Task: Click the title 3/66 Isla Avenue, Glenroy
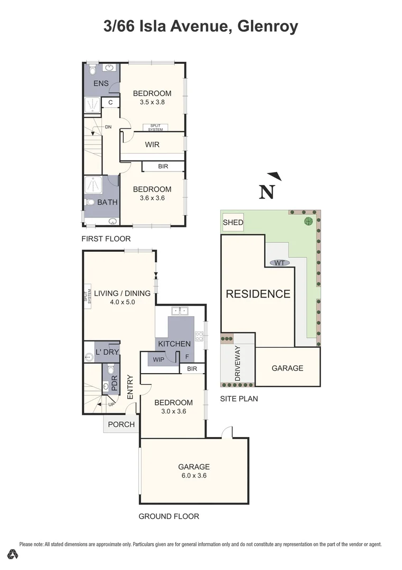pos(201,26)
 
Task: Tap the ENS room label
pos(101,84)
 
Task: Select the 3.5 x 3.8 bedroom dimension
pos(152,102)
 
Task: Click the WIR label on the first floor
pos(152,144)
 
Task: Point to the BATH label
pos(107,202)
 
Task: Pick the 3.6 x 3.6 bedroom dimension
pos(152,198)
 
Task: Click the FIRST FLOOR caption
pos(106,239)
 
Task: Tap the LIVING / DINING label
pos(122,293)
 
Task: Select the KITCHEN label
pos(174,344)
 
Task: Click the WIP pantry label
pos(158,359)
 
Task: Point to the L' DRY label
pos(107,352)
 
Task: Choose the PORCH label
pos(121,424)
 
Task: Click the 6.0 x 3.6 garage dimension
pos(193,476)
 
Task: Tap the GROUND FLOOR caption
pos(169,516)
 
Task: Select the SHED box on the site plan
pos(233,222)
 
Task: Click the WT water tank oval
pos(279,262)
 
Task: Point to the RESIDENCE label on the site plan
pos(258,294)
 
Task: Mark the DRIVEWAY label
pos(238,364)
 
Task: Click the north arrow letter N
pos(267,193)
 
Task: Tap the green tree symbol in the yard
pos(308,222)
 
